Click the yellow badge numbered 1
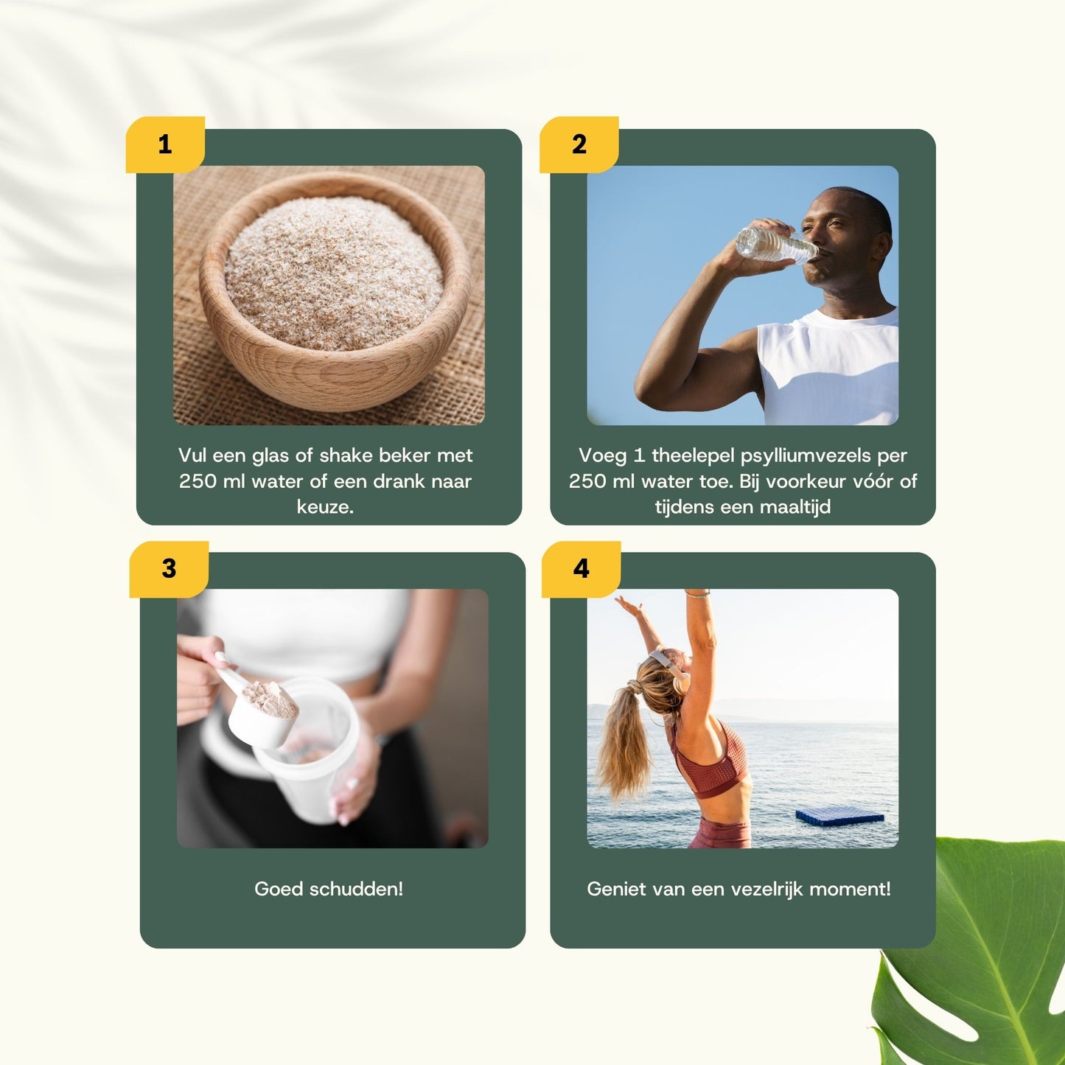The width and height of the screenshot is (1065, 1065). [165, 144]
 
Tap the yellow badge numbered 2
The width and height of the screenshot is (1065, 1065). [579, 144]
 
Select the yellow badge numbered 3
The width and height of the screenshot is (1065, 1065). [169, 569]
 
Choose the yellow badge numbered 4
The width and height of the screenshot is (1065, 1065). [582, 569]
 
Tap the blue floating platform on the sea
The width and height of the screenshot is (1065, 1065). [839, 816]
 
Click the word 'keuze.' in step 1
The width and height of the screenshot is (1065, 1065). [325, 507]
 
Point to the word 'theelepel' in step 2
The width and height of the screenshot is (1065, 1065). [693, 455]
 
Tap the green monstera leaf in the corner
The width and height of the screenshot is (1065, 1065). [980, 958]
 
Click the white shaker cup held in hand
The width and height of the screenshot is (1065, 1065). [310, 759]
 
